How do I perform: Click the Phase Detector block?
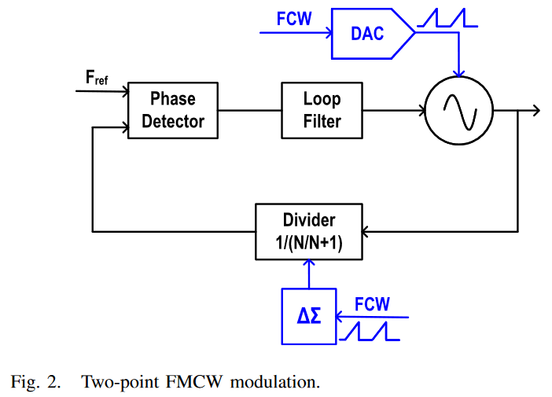(x=173, y=110)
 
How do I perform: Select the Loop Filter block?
(x=322, y=110)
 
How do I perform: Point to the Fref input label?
(x=96, y=79)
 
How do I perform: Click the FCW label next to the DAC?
(x=294, y=18)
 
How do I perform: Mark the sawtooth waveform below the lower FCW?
(x=368, y=332)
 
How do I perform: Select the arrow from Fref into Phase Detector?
(x=102, y=91)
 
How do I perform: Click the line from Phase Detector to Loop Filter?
(x=250, y=111)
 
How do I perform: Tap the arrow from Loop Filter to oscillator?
(x=392, y=111)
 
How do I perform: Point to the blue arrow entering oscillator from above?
(x=458, y=63)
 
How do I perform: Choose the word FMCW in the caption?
(x=193, y=383)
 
